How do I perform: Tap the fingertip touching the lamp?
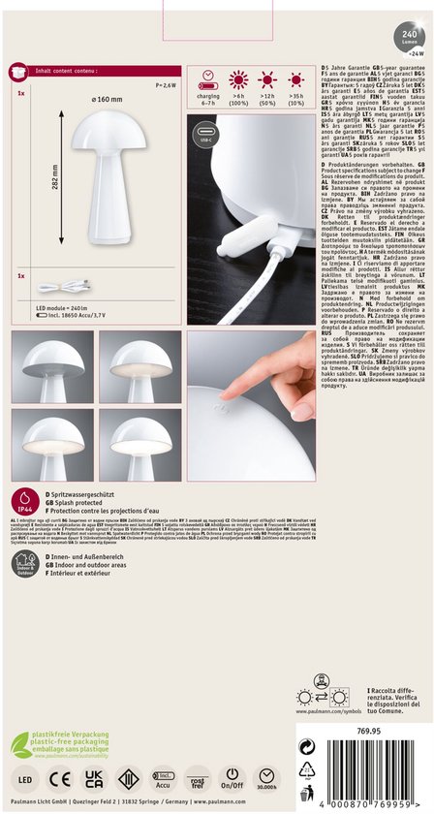click(226, 393)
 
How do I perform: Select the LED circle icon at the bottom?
click(24, 779)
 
